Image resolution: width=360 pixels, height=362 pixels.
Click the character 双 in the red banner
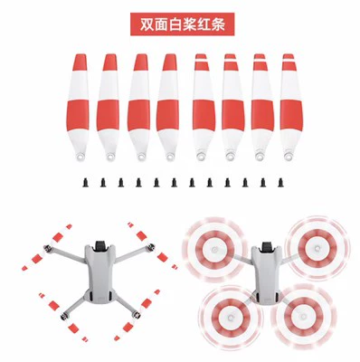click(x=147, y=24)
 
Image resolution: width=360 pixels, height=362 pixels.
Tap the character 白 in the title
click(x=175, y=24)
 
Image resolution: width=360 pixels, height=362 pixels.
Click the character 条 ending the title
click(x=218, y=24)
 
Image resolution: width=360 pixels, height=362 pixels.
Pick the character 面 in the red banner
click(x=161, y=24)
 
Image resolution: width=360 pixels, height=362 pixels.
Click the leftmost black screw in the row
click(x=86, y=183)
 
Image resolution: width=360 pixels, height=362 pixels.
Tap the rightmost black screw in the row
click(x=280, y=183)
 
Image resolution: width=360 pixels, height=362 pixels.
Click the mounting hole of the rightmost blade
click(x=289, y=157)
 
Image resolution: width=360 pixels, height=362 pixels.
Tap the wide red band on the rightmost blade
click(x=291, y=115)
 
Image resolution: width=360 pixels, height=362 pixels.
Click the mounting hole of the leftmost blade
click(x=81, y=157)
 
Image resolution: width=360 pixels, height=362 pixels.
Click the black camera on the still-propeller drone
click(x=100, y=246)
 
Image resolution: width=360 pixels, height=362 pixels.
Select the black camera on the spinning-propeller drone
click(x=267, y=247)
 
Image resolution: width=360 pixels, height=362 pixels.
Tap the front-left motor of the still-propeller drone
click(x=47, y=249)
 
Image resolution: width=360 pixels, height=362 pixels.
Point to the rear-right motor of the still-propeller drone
click(x=137, y=316)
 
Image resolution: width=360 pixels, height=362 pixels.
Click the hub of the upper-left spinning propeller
click(x=214, y=250)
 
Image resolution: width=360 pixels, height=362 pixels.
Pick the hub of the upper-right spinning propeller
click(x=317, y=248)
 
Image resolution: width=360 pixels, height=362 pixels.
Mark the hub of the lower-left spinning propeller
click(x=231, y=318)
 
